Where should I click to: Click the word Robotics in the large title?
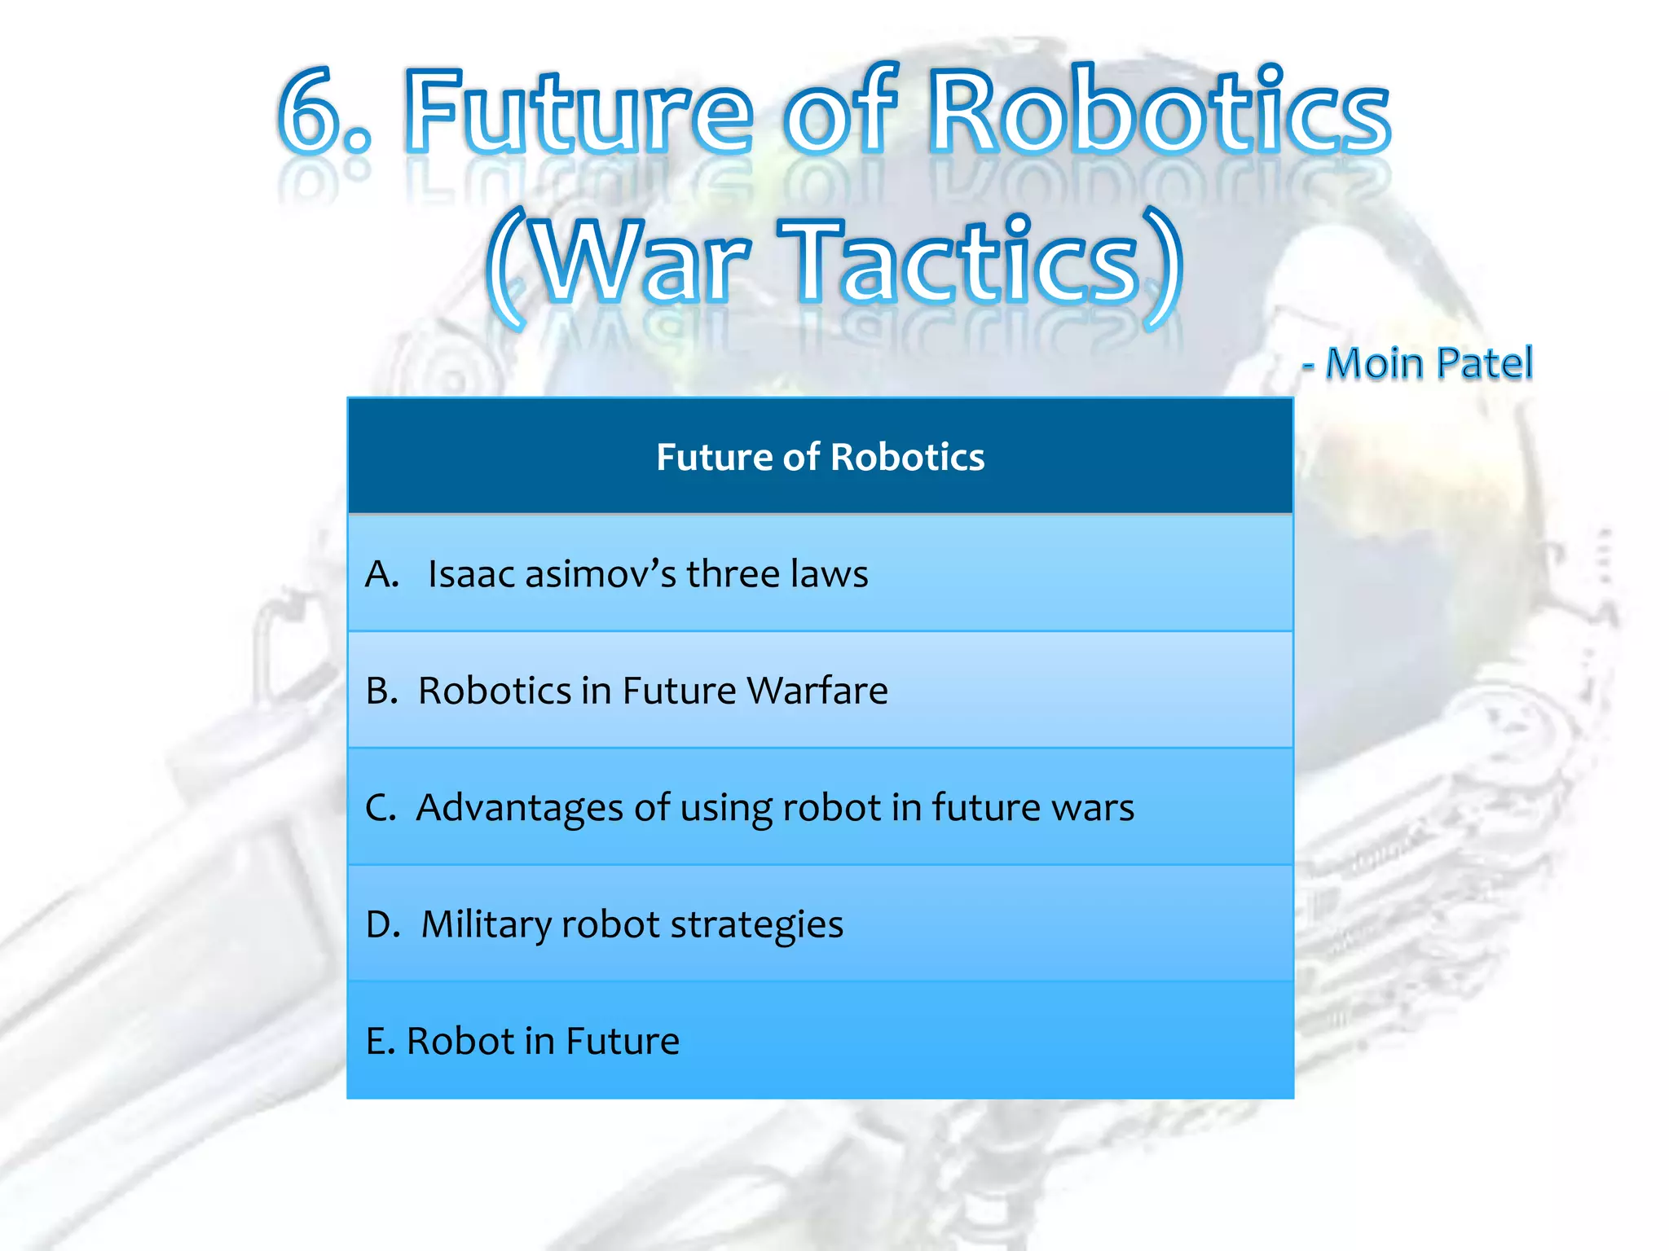tap(1160, 112)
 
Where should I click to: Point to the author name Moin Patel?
tap(1429, 363)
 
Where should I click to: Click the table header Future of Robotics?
tap(820, 457)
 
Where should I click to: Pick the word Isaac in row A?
tap(471, 573)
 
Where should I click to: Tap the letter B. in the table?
tap(381, 691)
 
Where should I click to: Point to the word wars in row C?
tap(1092, 808)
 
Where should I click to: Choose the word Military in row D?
tap(486, 924)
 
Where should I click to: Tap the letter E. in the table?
tap(381, 1041)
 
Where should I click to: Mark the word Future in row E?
tap(623, 1041)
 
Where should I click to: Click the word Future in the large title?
tap(579, 112)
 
